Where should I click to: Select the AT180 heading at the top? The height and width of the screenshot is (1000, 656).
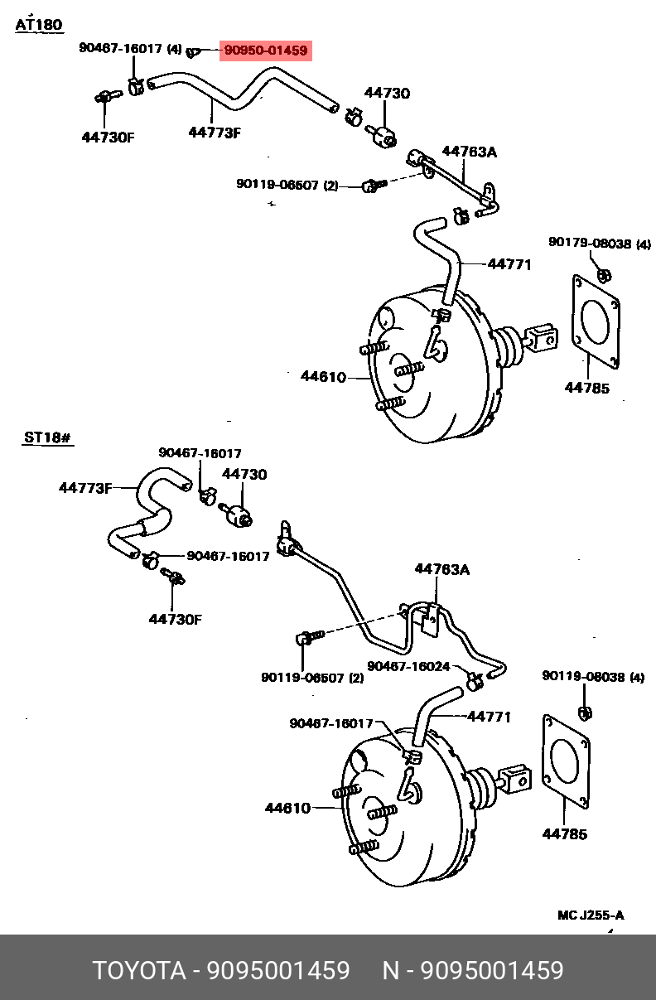[x=39, y=25]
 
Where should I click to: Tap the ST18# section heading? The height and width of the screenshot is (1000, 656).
[x=47, y=437]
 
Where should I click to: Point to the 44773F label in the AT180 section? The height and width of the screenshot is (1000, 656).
[x=214, y=132]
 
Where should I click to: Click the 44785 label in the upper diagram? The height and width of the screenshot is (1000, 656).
[x=587, y=387]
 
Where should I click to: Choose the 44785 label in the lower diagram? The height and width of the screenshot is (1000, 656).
[x=565, y=833]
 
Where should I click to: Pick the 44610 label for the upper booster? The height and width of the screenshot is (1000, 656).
[x=323, y=377]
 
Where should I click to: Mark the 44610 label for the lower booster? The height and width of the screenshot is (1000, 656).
[x=287, y=808]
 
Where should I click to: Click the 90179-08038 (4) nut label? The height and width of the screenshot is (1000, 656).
[x=600, y=244]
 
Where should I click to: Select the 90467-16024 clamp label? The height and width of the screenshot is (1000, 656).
[x=408, y=666]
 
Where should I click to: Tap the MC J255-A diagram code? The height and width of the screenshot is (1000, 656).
[x=591, y=915]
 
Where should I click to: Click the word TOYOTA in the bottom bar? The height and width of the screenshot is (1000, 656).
[x=139, y=971]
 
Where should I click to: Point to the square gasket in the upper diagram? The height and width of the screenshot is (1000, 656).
[x=596, y=318]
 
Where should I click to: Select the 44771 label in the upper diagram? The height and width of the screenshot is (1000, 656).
[x=509, y=264]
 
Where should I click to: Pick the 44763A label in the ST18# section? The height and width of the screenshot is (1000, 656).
[x=442, y=569]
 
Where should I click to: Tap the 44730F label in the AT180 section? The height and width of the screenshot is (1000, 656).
[x=108, y=137]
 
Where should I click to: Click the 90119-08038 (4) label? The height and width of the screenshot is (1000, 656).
[x=593, y=677]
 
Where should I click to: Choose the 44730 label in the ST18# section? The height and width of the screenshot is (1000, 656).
[x=244, y=474]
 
